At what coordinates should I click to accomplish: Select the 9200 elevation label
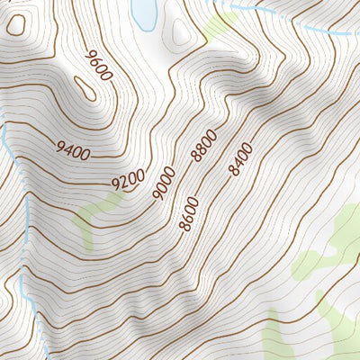pyautogui.click(x=129, y=180)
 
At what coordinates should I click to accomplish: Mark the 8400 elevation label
pyautogui.click(x=241, y=159)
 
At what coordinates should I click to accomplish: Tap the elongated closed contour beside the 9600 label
pyautogui.click(x=85, y=87)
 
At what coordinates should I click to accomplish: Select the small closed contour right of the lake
pyautogui.click(x=183, y=34)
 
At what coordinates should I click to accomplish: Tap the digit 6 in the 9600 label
pyautogui.click(x=95, y=63)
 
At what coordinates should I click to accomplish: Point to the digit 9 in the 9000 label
pyautogui.click(x=158, y=193)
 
